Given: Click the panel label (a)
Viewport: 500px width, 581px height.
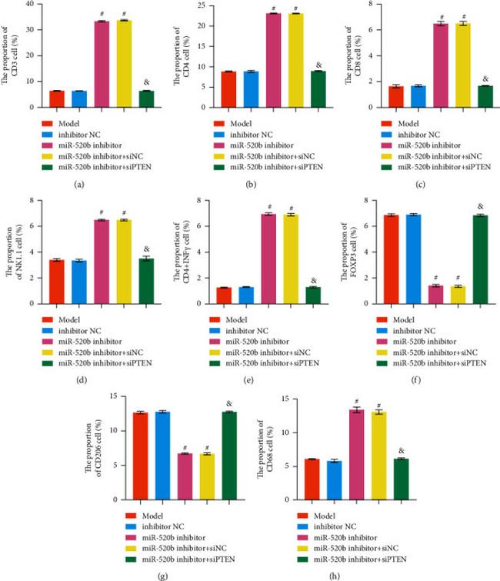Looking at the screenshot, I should [79, 185].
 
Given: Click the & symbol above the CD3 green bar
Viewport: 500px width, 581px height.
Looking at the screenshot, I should [146, 82].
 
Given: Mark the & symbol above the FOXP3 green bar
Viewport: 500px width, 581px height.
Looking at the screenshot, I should [481, 206].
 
